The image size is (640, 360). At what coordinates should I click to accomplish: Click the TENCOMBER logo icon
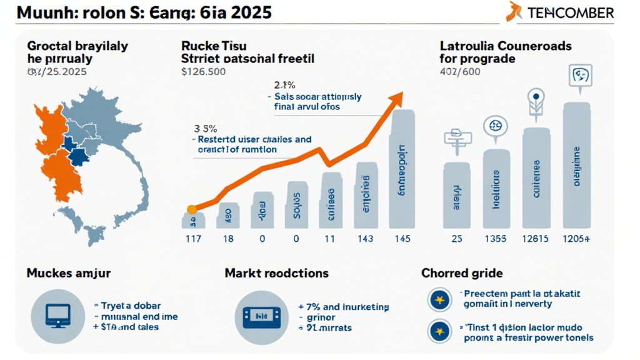click(515, 11)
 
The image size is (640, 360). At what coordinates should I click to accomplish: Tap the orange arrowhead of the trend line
click(396, 98)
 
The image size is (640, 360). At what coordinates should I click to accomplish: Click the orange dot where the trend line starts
click(192, 209)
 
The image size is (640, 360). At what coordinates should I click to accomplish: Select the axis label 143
click(364, 239)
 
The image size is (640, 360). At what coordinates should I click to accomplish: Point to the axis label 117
click(192, 239)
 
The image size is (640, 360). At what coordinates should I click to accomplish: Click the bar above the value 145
click(402, 169)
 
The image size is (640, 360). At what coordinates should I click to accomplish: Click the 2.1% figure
click(284, 84)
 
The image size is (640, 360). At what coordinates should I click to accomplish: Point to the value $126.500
click(204, 72)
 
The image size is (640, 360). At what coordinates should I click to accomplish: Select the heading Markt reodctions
click(276, 273)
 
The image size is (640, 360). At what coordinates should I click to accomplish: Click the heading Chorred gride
click(462, 273)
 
